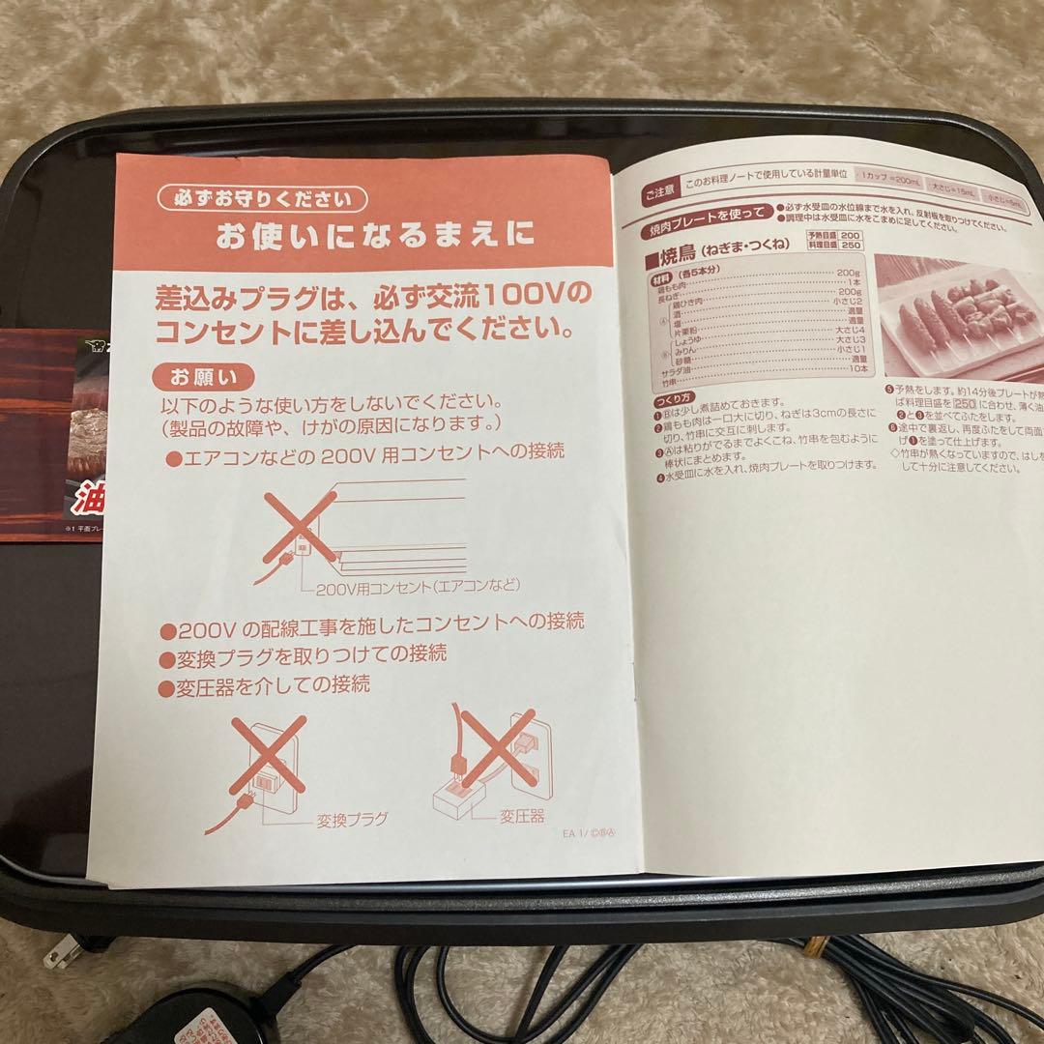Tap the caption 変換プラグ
(x=351, y=820)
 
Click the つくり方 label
(x=672, y=399)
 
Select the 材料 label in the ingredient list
(x=662, y=275)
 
